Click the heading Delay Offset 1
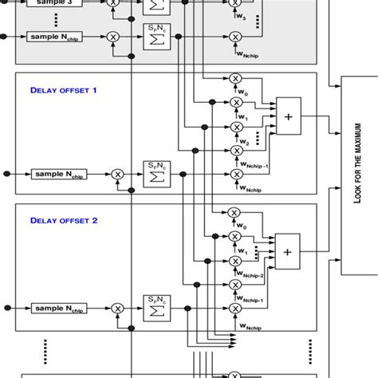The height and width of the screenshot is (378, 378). (x=64, y=90)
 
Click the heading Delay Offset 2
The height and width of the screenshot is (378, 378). (x=64, y=221)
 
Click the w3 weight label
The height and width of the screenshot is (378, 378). (x=241, y=17)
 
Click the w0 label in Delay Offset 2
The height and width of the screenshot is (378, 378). (x=241, y=226)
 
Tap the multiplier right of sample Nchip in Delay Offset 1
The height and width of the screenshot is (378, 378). (x=118, y=173)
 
